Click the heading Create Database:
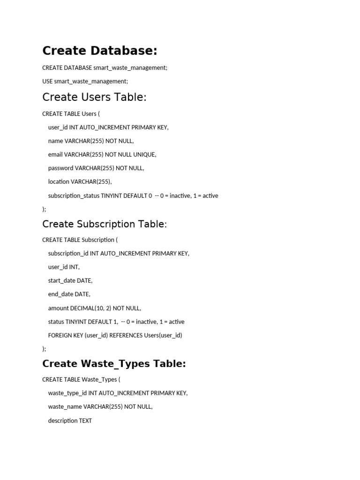pyautogui.click(x=100, y=51)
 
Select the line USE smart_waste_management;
pyautogui.click(x=85, y=81)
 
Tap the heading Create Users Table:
pyautogui.click(x=94, y=97)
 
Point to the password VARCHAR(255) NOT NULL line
pyautogui.click(x=96, y=168)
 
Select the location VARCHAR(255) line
pyautogui.click(x=80, y=181)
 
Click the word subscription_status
pyautogui.click(x=74, y=195)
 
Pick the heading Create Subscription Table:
pyautogui.click(x=105, y=224)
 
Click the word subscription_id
pyautogui.click(x=68, y=253)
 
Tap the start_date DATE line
pyautogui.click(x=70, y=280)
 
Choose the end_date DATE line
pyautogui.click(x=69, y=294)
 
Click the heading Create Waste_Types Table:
pyautogui.click(x=114, y=364)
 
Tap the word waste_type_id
pyautogui.click(x=67, y=393)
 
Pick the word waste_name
pyautogui.click(x=65, y=406)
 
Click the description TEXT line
pyautogui.click(x=70, y=420)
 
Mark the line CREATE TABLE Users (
pyautogui.click(x=71, y=113)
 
